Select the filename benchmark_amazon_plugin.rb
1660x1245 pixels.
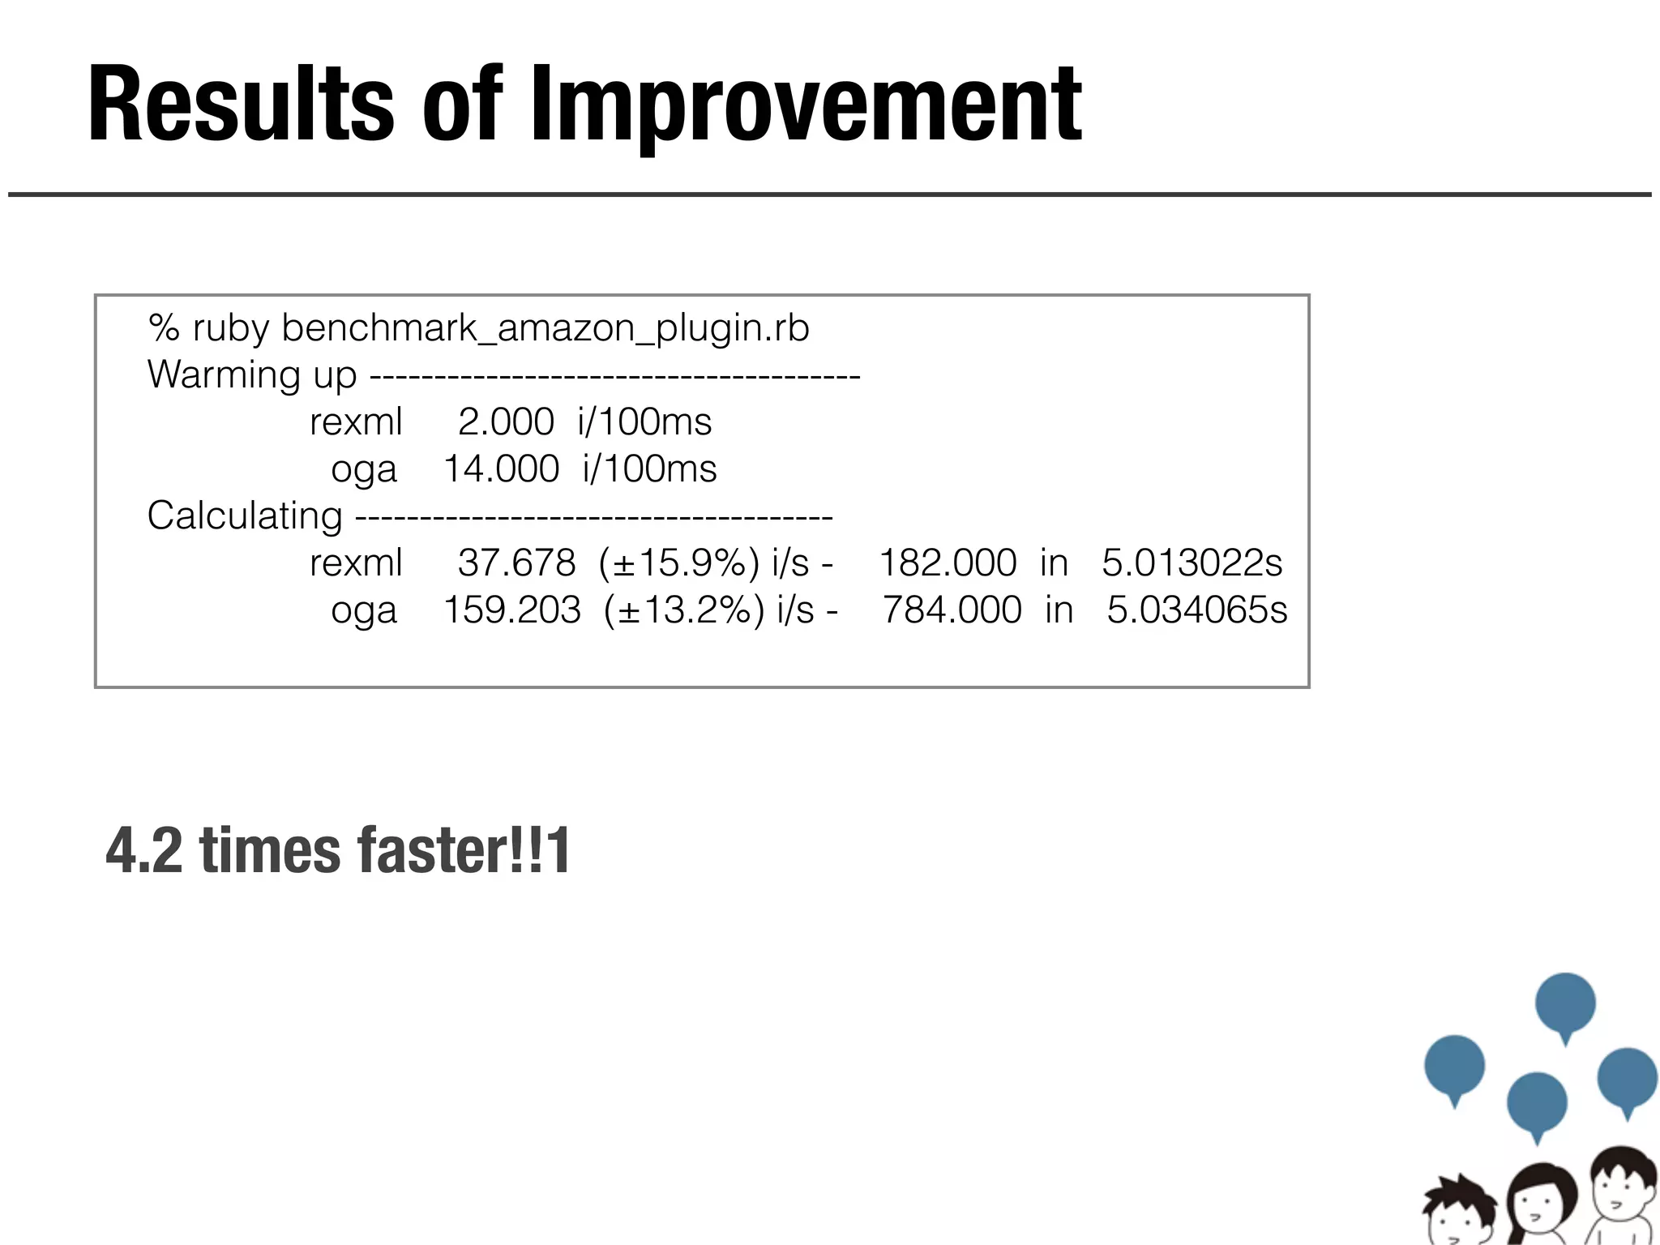pyautogui.click(x=545, y=329)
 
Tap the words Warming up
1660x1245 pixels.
pyautogui.click(x=251, y=375)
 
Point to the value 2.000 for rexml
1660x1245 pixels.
pyautogui.click(x=506, y=422)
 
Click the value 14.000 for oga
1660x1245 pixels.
pyautogui.click(x=501, y=469)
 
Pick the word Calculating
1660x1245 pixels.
pyautogui.click(x=245, y=516)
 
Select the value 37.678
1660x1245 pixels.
pyautogui.click(x=516, y=563)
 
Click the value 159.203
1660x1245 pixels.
pyautogui.click(x=512, y=610)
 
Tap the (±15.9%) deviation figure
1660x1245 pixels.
pyautogui.click(x=679, y=563)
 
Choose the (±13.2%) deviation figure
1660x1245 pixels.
pyautogui.click(x=684, y=610)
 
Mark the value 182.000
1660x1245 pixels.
pyautogui.click(x=948, y=563)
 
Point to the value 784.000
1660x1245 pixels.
pyautogui.click(x=952, y=610)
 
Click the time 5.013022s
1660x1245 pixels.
pyautogui.click(x=1192, y=563)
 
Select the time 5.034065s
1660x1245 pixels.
pyautogui.click(x=1196, y=610)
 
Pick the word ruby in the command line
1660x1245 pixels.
pyautogui.click(x=230, y=329)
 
